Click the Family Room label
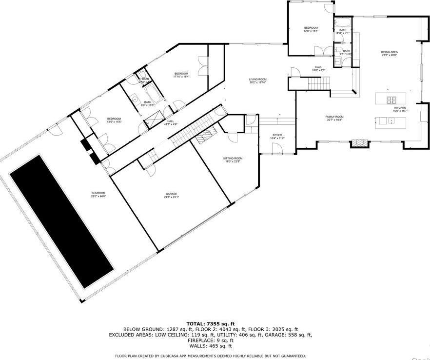coord(334,118)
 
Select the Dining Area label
coord(390,53)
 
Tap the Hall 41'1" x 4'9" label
coord(171,122)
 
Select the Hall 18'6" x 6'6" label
coord(318,68)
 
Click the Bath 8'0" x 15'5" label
coord(147,103)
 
